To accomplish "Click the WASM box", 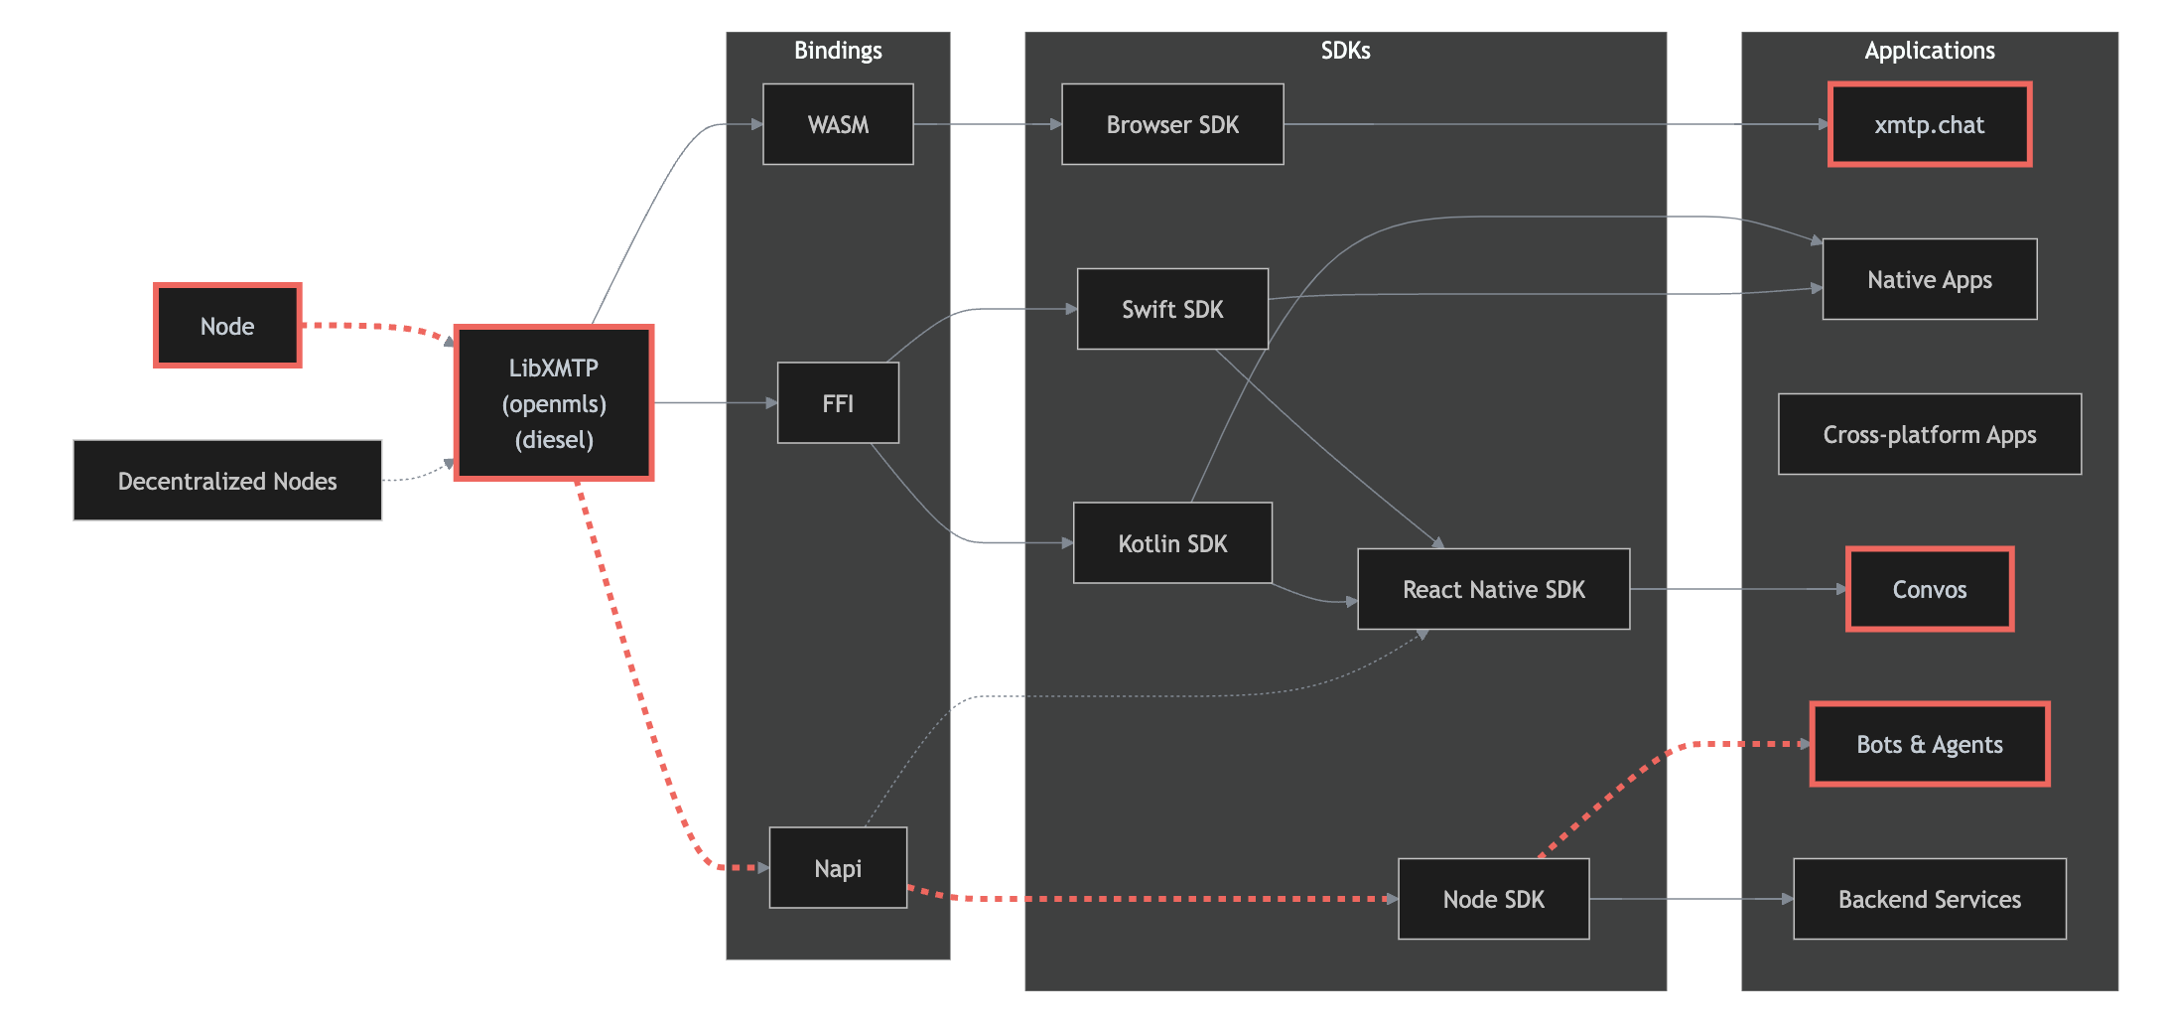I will pyautogui.click(x=838, y=124).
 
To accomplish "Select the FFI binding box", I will pyautogui.click(x=838, y=402).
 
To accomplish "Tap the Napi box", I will pyautogui.click(x=838, y=867).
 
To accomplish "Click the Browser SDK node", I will pyautogui.click(x=1172, y=124).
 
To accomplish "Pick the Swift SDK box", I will pyautogui.click(x=1172, y=309).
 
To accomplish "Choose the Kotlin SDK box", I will pyautogui.click(x=1172, y=543).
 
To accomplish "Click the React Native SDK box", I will pyautogui.click(x=1493, y=589).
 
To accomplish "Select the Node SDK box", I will pyautogui.click(x=1493, y=899).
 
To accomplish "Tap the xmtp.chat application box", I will pyautogui.click(x=1929, y=124).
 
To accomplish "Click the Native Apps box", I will pyautogui.click(x=1929, y=279).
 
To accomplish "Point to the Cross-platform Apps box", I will pyautogui.click(x=1929, y=434).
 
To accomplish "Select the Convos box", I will pyautogui.click(x=1929, y=589).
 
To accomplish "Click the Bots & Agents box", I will pyautogui.click(x=1929, y=744).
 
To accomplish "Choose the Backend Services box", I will pyautogui.click(x=1929, y=899).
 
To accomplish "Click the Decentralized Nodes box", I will pyautogui.click(x=227, y=481).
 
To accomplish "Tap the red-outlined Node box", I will pyautogui.click(x=227, y=326).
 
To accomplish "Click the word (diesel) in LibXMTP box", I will pyautogui.click(x=554, y=440).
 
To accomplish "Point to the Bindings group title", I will pyautogui.click(x=838, y=51).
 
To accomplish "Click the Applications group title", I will pyautogui.click(x=1929, y=51).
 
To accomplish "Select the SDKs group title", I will pyautogui.click(x=1345, y=51).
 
